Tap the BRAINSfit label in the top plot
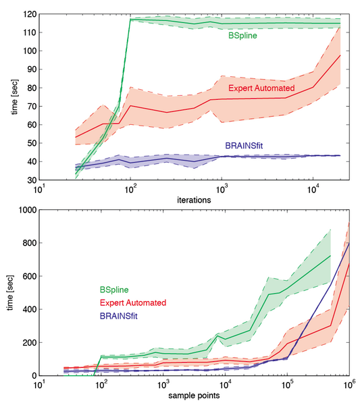pos(241,145)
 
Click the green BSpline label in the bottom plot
pos(115,291)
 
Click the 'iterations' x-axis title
pos(190,200)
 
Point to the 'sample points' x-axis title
pos(190,396)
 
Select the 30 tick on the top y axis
pos(29,181)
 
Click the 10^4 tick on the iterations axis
pos(314,189)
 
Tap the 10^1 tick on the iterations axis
pos(39,189)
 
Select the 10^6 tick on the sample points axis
pos(349,384)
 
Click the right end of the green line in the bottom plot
pos(330,256)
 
